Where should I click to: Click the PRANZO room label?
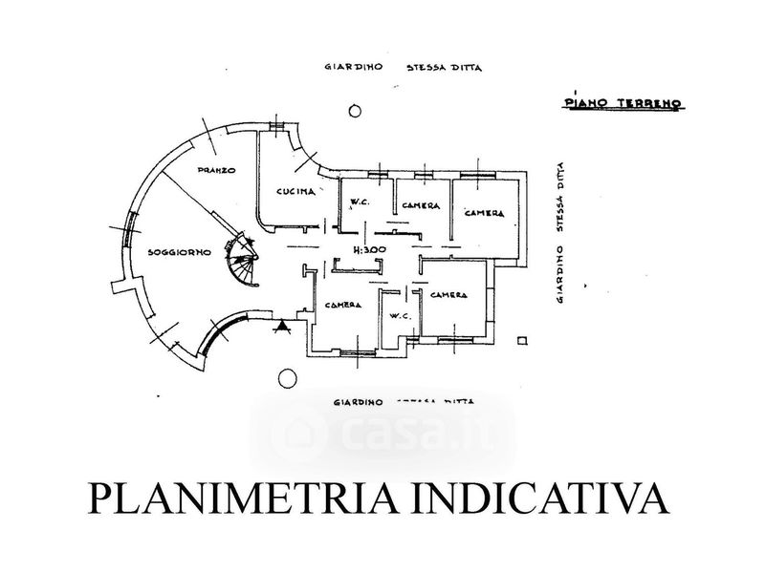(216, 170)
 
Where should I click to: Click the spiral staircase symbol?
(243, 262)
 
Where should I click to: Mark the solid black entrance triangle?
(283, 328)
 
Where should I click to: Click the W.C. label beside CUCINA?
(361, 200)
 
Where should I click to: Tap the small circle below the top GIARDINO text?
(355, 112)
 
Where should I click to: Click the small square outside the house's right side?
(521, 339)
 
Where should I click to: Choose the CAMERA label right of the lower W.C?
(448, 295)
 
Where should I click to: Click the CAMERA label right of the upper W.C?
(421, 205)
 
